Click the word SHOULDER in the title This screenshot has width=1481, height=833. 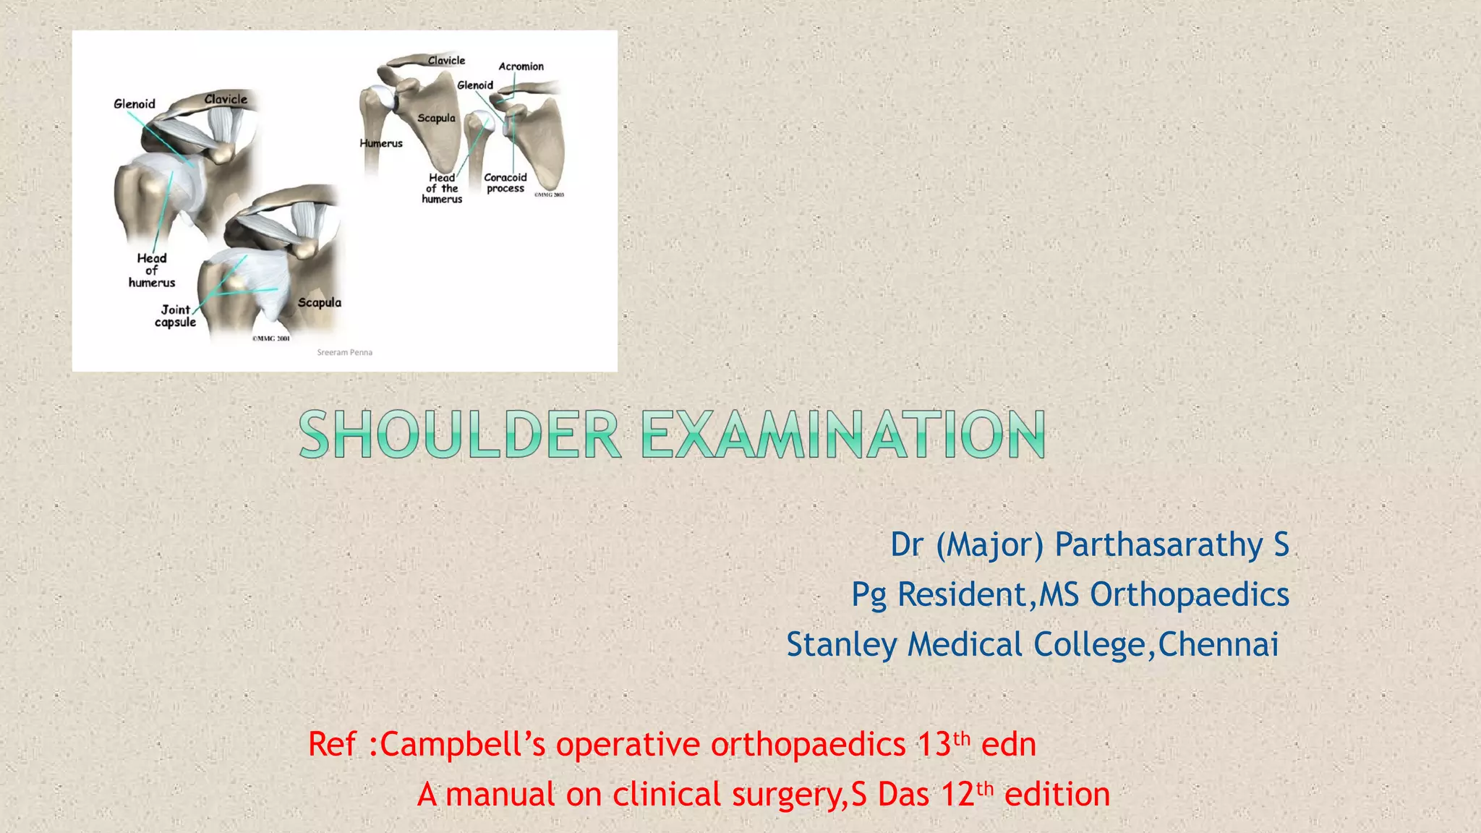point(460,434)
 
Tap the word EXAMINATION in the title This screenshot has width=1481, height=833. point(843,434)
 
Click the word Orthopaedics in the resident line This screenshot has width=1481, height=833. point(1190,594)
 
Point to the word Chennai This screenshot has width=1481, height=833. point(1218,644)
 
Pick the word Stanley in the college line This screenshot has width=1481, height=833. point(842,644)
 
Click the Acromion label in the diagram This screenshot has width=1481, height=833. point(521,67)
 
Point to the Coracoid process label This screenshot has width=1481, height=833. point(505,182)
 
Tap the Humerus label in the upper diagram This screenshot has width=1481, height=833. point(381,143)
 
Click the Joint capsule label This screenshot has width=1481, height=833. point(175,316)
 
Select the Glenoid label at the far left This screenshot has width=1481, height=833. point(135,104)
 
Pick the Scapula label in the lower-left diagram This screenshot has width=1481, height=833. point(319,302)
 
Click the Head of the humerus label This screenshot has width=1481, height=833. point(442,188)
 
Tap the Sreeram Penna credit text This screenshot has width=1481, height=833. point(345,352)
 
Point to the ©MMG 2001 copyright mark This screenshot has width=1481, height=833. point(270,338)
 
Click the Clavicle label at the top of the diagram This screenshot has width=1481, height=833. point(446,61)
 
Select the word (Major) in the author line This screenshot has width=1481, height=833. point(989,544)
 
